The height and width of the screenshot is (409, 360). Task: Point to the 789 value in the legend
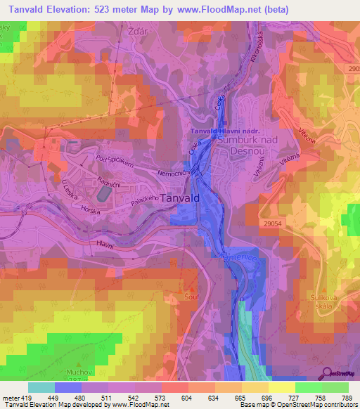click(x=347, y=398)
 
